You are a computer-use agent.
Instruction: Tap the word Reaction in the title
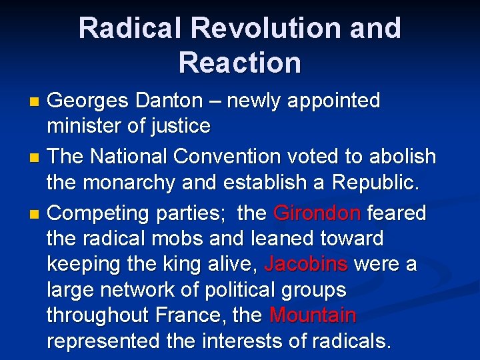[x=240, y=63]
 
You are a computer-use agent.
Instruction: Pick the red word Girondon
[x=317, y=213]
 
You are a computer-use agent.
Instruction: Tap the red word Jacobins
[x=306, y=264]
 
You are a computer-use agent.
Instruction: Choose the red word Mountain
[x=313, y=315]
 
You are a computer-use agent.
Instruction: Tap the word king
[x=184, y=264]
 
